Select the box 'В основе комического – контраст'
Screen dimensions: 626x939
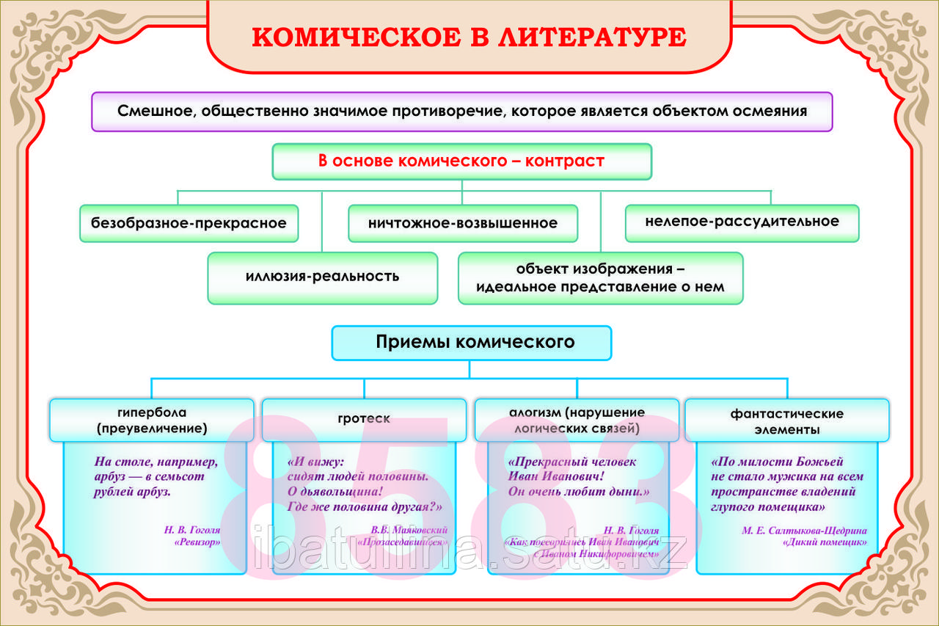[461, 161]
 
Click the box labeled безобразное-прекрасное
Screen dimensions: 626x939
[189, 223]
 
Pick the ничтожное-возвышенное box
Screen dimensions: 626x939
[463, 223]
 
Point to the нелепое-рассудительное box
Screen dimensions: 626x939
[742, 222]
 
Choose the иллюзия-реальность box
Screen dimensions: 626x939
[322, 277]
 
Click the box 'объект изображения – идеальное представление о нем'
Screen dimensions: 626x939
[600, 277]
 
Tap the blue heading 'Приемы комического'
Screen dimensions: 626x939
[471, 342]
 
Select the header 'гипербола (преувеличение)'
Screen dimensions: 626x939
[151, 420]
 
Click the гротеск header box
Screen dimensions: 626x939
[364, 419]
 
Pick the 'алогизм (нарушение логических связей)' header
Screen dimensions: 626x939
[577, 420]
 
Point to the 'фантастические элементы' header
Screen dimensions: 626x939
[786, 421]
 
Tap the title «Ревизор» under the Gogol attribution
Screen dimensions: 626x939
[197, 543]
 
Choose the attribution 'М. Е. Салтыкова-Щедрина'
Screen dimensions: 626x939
[804, 531]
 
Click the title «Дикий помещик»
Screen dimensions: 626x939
[825, 543]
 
